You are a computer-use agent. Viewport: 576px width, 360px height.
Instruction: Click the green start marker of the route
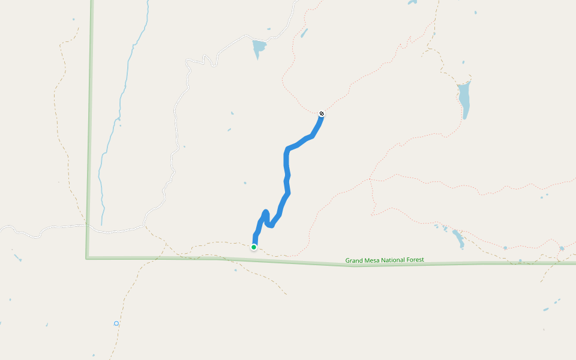(x=254, y=247)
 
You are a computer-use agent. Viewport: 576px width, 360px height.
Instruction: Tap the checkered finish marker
(x=322, y=114)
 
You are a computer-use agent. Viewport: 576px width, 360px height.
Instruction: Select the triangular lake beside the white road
(x=259, y=47)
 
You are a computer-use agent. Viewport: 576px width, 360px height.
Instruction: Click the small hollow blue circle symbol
(x=116, y=323)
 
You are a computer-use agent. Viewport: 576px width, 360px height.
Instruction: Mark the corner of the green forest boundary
(x=88, y=258)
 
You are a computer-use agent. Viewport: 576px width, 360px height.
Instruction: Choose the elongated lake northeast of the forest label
(x=458, y=238)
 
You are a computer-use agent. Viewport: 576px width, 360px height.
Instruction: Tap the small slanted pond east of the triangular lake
(x=304, y=33)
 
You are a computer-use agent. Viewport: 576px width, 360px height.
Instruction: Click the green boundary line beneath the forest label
(x=384, y=265)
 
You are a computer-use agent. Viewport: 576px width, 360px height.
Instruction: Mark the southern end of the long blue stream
(x=102, y=223)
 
